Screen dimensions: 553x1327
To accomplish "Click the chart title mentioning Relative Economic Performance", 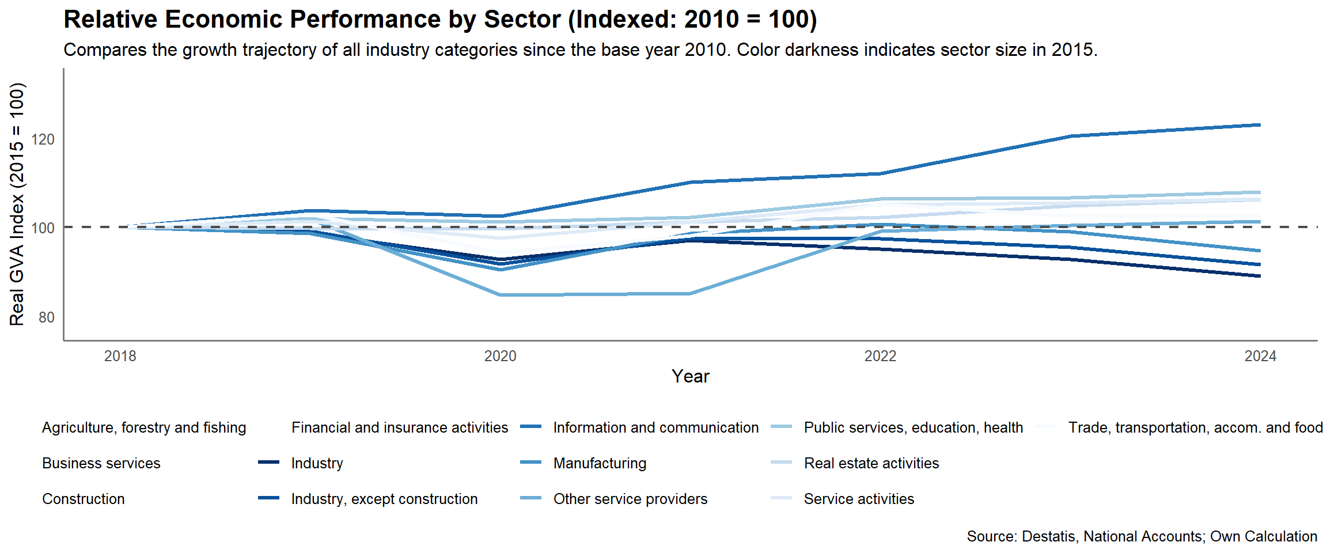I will [x=440, y=20].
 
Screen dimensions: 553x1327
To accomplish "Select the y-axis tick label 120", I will [x=43, y=139].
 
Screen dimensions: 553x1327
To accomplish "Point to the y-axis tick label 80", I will [x=47, y=317].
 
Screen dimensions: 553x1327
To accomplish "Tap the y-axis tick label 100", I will [x=43, y=228].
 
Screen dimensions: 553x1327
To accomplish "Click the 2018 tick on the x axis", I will [x=120, y=356].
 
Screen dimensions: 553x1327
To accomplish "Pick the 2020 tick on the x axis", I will [x=500, y=356].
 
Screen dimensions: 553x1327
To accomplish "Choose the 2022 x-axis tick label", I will [x=880, y=356].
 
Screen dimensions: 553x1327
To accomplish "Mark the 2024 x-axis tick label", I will [x=1260, y=356].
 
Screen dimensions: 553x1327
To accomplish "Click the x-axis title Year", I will [x=690, y=376].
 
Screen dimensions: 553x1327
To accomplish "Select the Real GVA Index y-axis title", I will [x=17, y=204].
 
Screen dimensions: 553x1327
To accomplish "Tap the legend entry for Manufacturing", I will [x=600, y=463].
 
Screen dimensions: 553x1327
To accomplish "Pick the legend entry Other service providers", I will [x=630, y=499].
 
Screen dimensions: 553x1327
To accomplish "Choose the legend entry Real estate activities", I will [x=871, y=463].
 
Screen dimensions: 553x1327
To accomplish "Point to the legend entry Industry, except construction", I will [x=384, y=499].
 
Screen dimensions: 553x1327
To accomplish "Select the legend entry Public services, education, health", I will [x=913, y=427].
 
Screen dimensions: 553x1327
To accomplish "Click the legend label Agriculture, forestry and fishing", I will [x=144, y=427].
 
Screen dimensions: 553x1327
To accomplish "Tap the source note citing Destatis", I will [x=1142, y=536].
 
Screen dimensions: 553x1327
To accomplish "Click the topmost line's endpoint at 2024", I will [x=1260, y=125].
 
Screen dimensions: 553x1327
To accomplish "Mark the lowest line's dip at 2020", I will [x=500, y=295].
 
